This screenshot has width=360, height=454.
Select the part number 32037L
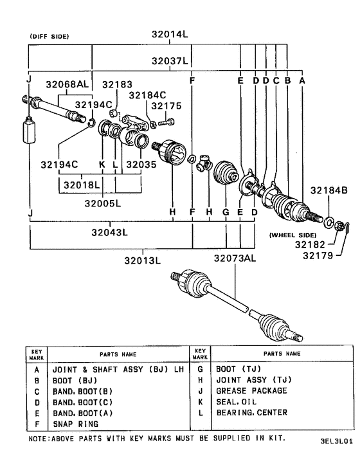point(169,61)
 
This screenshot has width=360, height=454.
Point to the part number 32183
point(116,84)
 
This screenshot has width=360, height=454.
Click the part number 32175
point(167,105)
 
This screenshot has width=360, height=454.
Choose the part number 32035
point(141,164)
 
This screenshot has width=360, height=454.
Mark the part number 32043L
point(107,233)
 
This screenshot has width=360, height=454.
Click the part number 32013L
point(143,260)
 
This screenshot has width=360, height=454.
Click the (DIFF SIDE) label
point(50,37)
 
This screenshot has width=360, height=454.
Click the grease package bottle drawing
point(28,132)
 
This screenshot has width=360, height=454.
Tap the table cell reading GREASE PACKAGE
point(251,390)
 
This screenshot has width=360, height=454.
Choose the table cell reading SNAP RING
point(75,424)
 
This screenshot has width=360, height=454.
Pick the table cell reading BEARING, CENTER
point(251,413)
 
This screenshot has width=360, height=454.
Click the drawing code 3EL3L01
point(336,442)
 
